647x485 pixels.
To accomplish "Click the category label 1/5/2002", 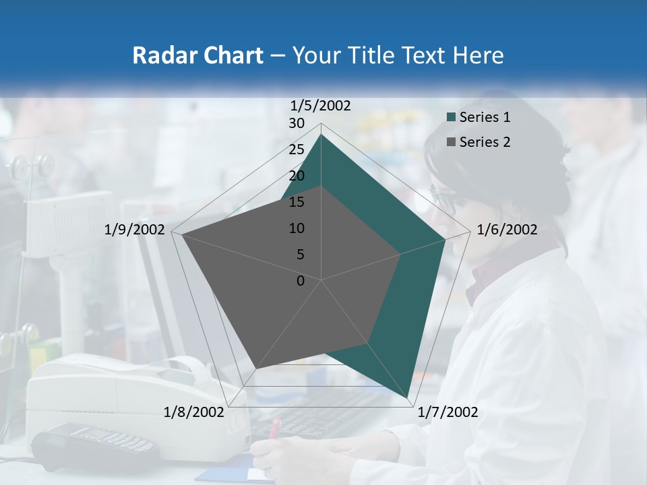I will click(x=321, y=106).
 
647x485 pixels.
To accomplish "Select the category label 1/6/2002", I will click(x=507, y=230).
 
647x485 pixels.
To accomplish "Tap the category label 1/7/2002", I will click(x=448, y=412).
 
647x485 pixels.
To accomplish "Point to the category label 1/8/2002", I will click(x=194, y=412).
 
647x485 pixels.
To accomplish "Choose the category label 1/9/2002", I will click(x=135, y=230).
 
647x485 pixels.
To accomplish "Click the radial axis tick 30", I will click(x=297, y=123).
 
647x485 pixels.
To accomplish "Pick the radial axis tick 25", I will click(x=297, y=150).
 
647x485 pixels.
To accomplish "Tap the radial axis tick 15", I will click(x=297, y=202).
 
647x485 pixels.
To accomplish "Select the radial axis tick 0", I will click(x=301, y=281).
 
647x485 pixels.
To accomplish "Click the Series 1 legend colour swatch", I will click(x=452, y=118).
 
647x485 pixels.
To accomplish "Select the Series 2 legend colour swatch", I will click(x=452, y=142).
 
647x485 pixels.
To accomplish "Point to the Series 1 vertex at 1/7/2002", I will click(x=408, y=397).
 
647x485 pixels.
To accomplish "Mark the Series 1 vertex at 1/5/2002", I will click(x=321, y=134).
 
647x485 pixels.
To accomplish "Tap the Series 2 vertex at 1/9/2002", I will click(x=181, y=234).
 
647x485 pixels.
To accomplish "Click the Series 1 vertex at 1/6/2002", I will click(x=445, y=239).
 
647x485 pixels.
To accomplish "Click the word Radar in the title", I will click(x=160, y=55).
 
